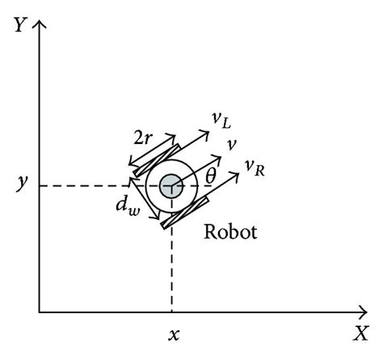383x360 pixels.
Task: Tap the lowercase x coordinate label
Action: (171, 332)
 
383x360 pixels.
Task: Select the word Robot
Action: (230, 234)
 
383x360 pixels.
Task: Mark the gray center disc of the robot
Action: (171, 186)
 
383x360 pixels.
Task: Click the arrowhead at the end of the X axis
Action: (364, 311)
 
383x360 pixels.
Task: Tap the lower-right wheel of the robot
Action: (185, 213)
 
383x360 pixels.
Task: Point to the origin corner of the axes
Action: (40, 311)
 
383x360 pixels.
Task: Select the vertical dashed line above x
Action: (171, 267)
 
